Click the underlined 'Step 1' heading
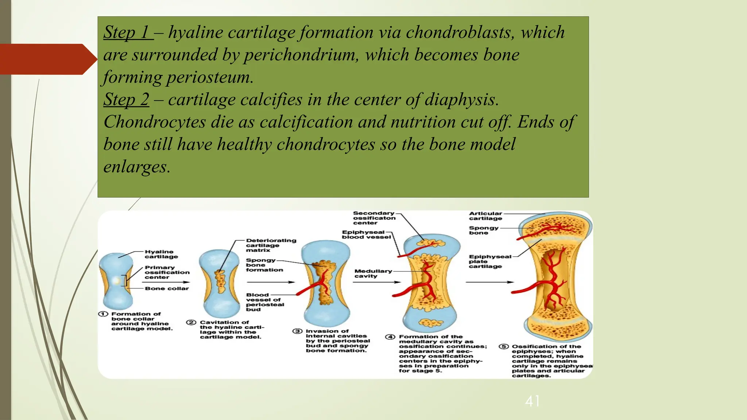pyautogui.click(x=128, y=32)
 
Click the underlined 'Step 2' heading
pyautogui.click(x=126, y=100)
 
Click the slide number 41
pyautogui.click(x=533, y=401)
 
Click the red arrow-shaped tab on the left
pyautogui.click(x=47, y=59)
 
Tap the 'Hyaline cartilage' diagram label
pyautogui.click(x=161, y=254)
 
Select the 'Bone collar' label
pyautogui.click(x=167, y=288)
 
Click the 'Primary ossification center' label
pyautogui.click(x=167, y=272)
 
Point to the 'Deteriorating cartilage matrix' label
pyautogui.click(x=271, y=245)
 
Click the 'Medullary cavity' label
pyautogui.click(x=373, y=273)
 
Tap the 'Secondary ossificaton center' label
pyautogui.click(x=374, y=218)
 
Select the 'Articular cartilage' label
pyautogui.click(x=485, y=216)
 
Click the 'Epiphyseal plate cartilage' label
pyautogui.click(x=485, y=261)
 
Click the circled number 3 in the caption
pyautogui.click(x=298, y=331)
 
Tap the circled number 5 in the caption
pyautogui.click(x=504, y=346)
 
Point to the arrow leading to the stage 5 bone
pyautogui.click(x=489, y=282)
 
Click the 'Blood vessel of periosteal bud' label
pyautogui.click(x=264, y=302)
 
